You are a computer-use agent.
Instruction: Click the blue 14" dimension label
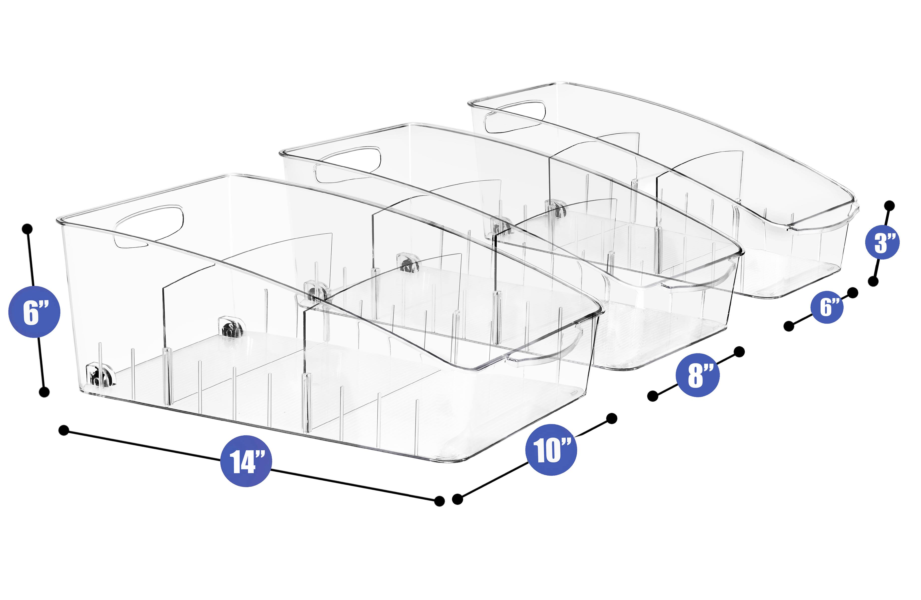[246, 460]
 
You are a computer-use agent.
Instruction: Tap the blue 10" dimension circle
[551, 449]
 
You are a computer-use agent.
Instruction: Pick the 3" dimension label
[882, 243]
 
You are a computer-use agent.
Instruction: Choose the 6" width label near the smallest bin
[827, 306]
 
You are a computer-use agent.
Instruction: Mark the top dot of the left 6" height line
[27, 229]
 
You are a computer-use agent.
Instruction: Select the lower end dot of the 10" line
[457, 499]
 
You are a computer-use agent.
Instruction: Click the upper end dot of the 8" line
[739, 352]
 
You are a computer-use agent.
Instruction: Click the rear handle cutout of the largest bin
[148, 226]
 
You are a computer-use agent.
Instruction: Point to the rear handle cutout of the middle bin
[348, 164]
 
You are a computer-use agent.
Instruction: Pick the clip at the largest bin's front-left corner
[101, 373]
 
